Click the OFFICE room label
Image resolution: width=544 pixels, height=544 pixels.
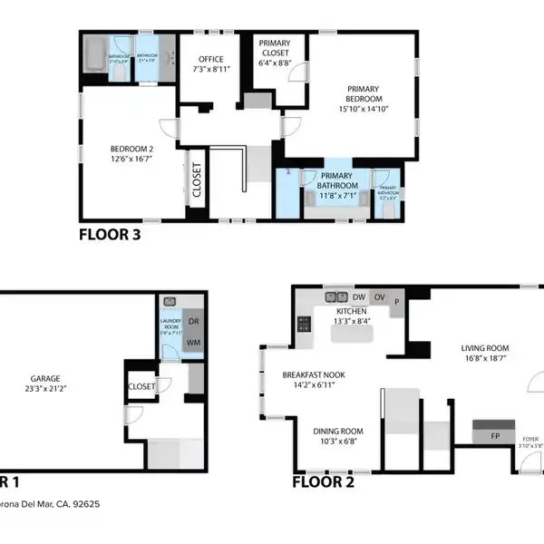[211, 60]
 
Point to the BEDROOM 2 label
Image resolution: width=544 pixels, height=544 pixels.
[132, 150]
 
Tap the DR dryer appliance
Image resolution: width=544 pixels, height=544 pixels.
[192, 320]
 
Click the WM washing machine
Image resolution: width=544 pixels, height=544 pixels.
[192, 342]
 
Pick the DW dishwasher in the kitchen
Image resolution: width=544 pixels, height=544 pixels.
[359, 296]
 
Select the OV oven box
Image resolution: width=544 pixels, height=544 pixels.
[381, 296]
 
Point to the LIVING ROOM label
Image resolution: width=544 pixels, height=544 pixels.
[484, 348]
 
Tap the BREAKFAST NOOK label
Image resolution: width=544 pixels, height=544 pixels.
[309, 374]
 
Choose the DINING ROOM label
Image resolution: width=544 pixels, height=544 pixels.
[337, 432]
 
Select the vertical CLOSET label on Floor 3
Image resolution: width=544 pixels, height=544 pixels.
[197, 180]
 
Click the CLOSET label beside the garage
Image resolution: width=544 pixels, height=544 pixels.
[142, 386]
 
